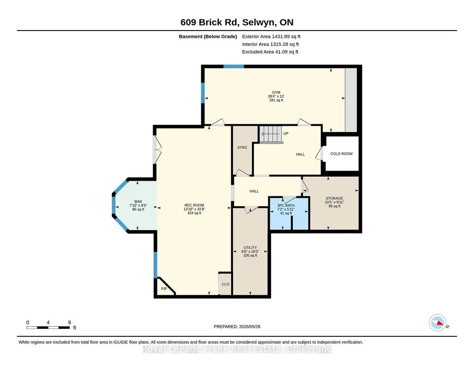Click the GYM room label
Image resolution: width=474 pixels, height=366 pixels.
click(276, 92)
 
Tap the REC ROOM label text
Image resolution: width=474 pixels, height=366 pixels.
click(194, 205)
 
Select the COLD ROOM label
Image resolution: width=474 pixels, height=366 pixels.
click(341, 154)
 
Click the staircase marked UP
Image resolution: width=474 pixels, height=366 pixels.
click(271, 134)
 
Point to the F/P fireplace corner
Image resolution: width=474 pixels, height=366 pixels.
click(164, 287)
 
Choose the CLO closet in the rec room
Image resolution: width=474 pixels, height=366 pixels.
click(225, 284)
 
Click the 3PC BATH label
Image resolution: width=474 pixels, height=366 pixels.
click(286, 205)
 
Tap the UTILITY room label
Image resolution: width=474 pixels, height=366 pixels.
click(250, 248)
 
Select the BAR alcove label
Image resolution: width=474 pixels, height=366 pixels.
click(138, 201)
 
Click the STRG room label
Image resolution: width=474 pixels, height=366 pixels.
click(242, 147)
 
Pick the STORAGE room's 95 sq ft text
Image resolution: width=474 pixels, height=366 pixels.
click(334, 206)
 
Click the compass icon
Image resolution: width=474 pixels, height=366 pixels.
click(437, 323)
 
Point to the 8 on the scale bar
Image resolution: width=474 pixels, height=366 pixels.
click(69, 323)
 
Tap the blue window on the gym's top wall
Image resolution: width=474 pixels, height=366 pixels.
click(234, 67)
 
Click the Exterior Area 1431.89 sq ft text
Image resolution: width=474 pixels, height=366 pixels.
click(271, 37)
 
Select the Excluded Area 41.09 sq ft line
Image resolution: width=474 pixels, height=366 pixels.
click(270, 52)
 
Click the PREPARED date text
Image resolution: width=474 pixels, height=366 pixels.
click(237, 326)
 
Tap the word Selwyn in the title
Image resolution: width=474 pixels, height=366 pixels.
click(259, 22)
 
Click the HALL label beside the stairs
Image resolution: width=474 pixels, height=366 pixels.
click(300, 154)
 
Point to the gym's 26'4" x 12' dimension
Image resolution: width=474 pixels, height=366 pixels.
click(276, 96)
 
